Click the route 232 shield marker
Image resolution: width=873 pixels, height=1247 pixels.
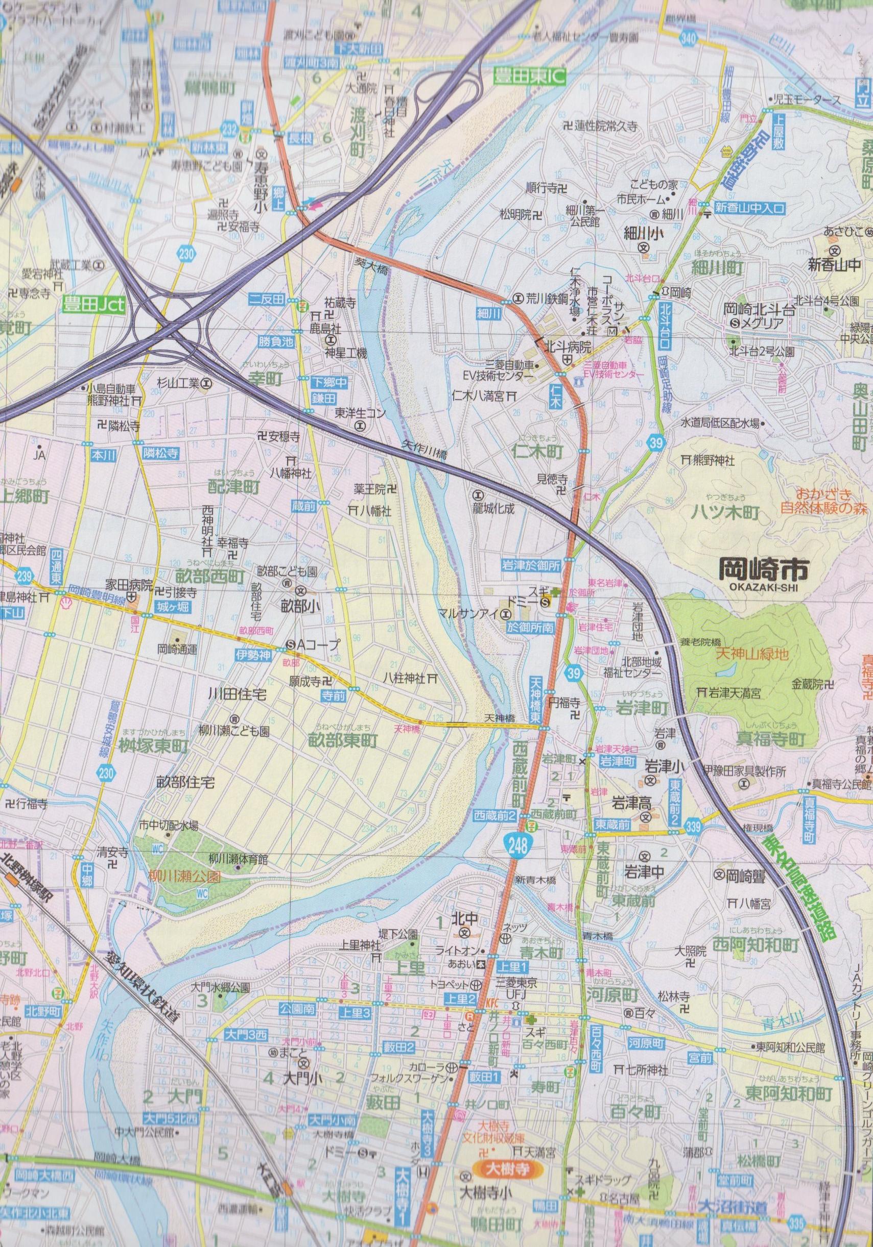point(229,128)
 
